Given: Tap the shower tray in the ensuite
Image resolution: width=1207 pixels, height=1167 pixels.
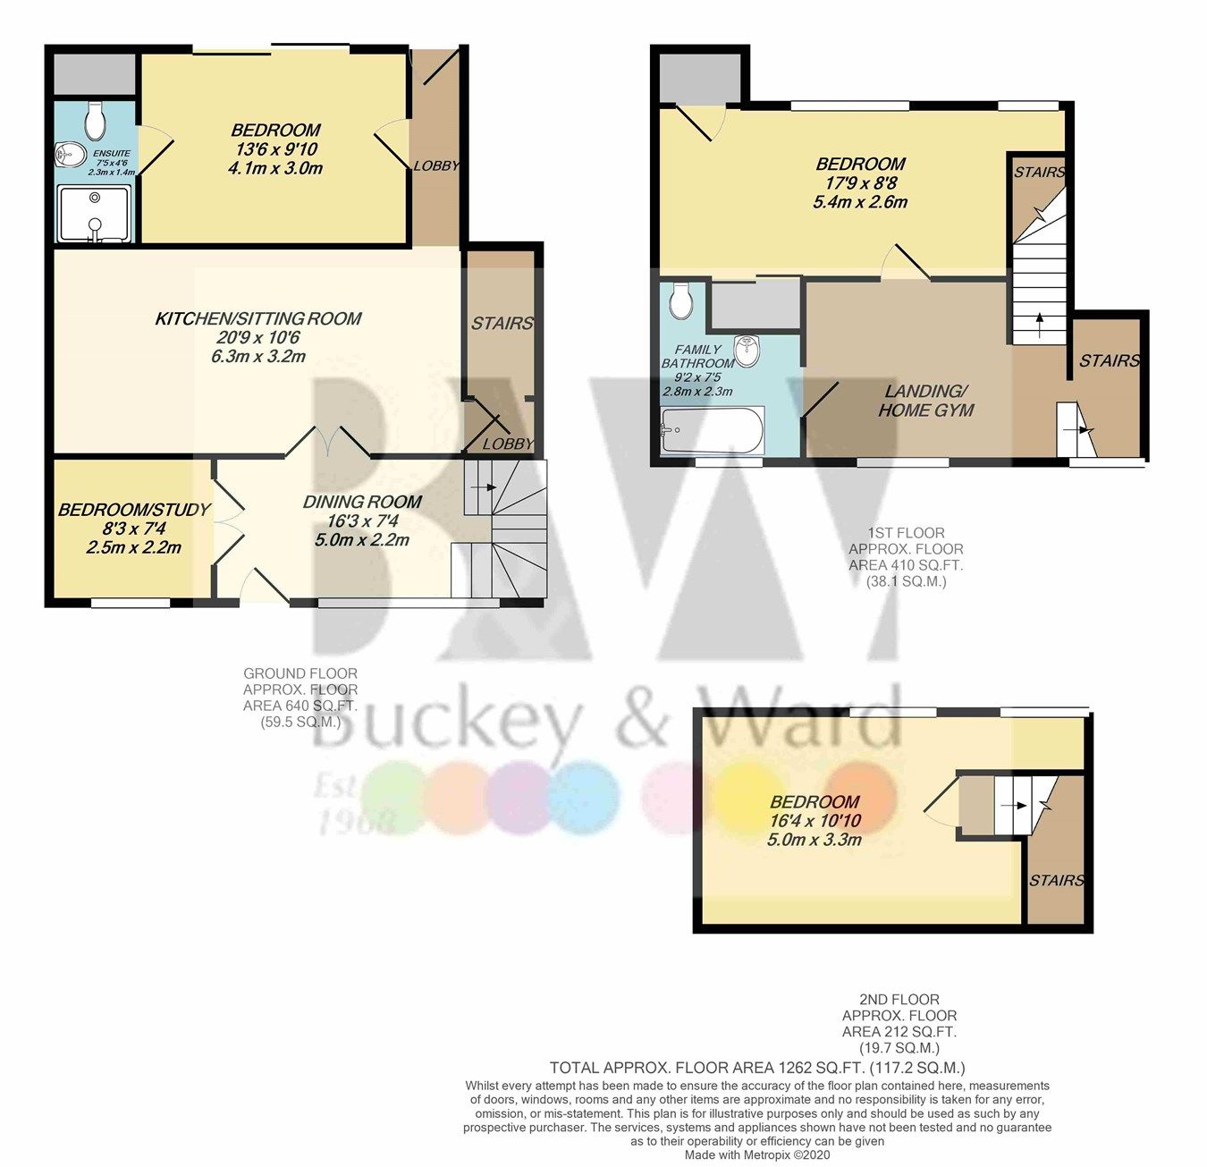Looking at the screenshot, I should tap(95, 214).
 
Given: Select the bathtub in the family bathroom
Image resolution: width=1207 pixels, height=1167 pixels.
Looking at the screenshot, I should tap(713, 431).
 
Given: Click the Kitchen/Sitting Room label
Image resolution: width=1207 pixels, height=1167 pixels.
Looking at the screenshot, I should tap(258, 318).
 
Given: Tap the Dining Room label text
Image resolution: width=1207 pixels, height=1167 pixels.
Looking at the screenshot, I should tap(361, 502).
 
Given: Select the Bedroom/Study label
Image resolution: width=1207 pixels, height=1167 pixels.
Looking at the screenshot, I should tap(134, 510).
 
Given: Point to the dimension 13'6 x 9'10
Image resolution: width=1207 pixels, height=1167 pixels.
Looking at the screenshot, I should tap(274, 148).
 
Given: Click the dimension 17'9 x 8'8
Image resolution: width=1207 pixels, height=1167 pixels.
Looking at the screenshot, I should tap(860, 182).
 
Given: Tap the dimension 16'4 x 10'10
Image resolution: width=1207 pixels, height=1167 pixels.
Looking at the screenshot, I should tap(815, 821).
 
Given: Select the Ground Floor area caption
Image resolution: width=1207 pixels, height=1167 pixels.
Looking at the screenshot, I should tap(300, 698).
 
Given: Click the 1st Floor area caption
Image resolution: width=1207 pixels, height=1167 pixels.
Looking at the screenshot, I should tap(906, 557).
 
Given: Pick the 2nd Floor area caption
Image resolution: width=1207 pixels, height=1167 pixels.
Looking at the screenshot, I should tap(899, 1024).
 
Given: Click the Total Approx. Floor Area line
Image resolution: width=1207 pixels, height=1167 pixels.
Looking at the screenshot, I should tap(757, 1068).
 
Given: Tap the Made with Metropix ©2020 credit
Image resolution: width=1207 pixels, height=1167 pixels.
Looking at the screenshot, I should tap(757, 1154).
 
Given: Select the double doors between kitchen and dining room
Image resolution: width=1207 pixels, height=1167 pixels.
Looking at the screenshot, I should tap(327, 441).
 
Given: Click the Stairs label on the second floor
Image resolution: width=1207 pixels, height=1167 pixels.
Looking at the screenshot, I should tap(1057, 881).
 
